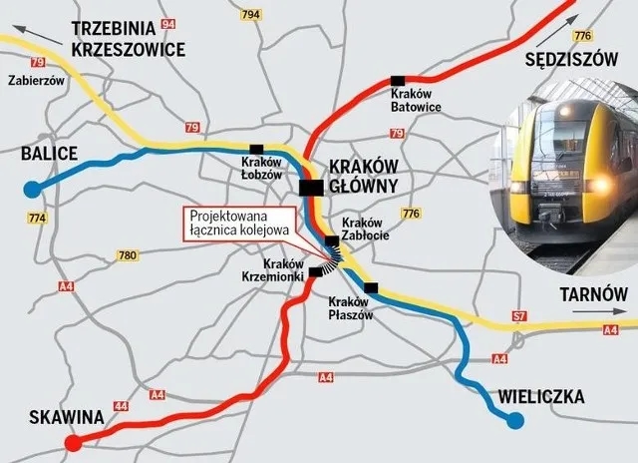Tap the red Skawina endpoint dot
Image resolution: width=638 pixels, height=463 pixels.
pyautogui.click(x=72, y=444)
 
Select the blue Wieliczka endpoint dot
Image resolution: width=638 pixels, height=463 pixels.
pyautogui.click(x=514, y=421)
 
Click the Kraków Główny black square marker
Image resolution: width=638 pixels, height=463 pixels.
pyautogui.click(x=311, y=187)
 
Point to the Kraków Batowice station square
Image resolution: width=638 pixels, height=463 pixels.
pyautogui.click(x=398, y=80)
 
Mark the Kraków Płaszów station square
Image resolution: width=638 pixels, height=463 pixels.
pyautogui.click(x=371, y=288)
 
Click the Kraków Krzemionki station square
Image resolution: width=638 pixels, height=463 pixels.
pyautogui.click(x=316, y=271)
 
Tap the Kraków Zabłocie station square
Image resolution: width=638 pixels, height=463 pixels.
pyautogui.click(x=331, y=240)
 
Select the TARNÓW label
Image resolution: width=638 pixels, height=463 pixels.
pyautogui.click(x=592, y=296)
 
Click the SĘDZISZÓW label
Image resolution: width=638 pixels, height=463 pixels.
pyautogui.click(x=572, y=59)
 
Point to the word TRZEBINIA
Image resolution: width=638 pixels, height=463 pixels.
pyautogui.click(x=123, y=29)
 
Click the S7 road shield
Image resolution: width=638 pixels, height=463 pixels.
pyautogui.click(x=519, y=317)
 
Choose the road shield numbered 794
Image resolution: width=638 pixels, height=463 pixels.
pyautogui.click(x=250, y=15)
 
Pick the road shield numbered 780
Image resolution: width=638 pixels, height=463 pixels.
pyautogui.click(x=127, y=255)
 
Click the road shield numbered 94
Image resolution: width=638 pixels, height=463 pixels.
pyautogui.click(x=167, y=24)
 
